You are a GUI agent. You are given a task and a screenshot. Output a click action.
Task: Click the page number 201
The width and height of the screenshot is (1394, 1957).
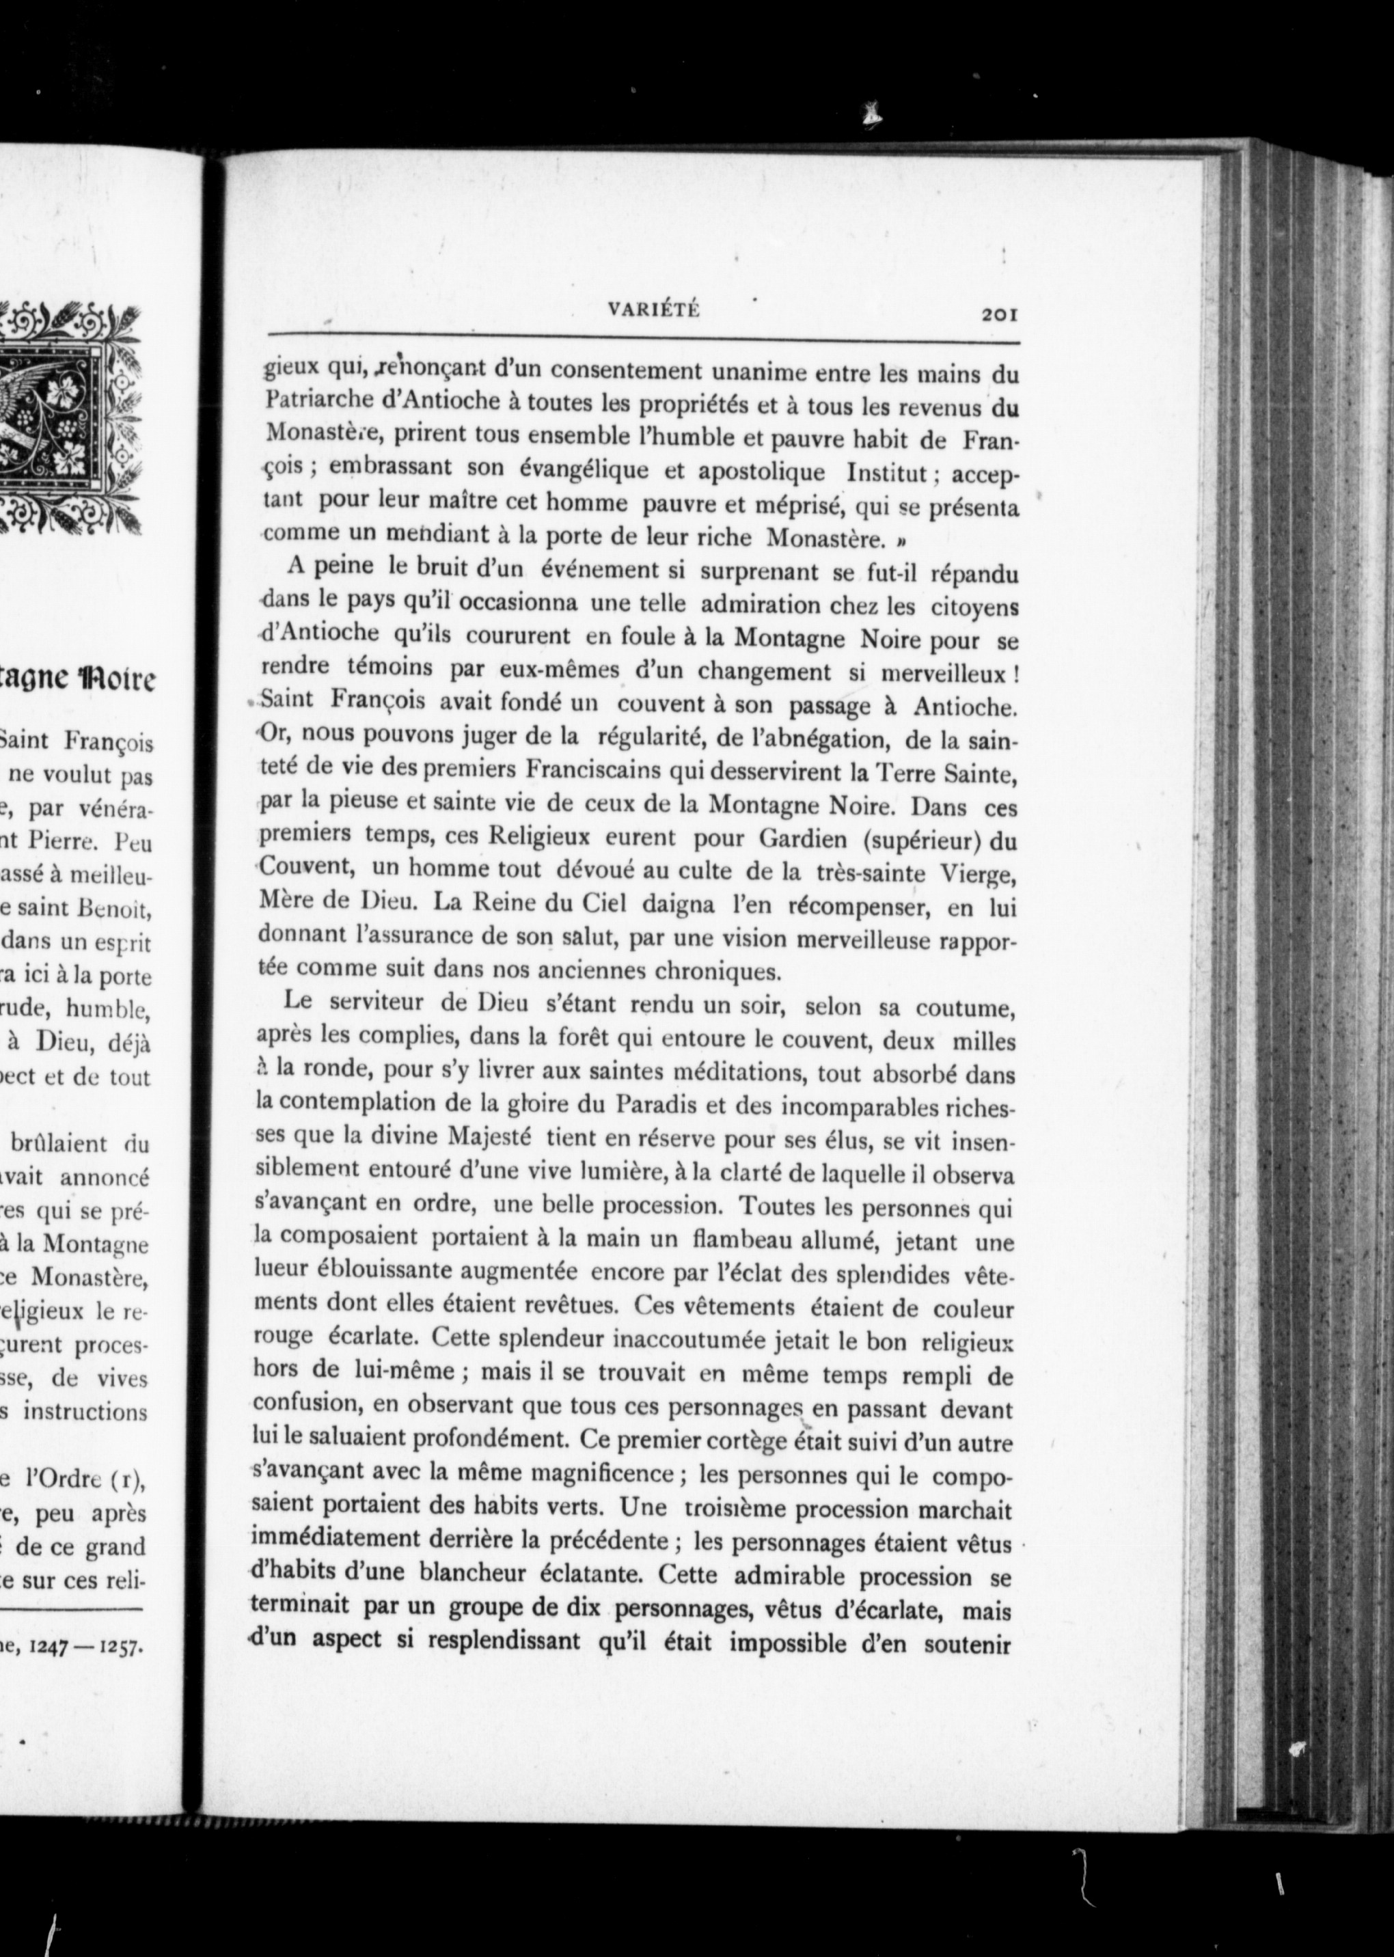[999, 315]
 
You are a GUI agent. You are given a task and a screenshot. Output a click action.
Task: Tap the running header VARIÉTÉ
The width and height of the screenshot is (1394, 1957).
[653, 312]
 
